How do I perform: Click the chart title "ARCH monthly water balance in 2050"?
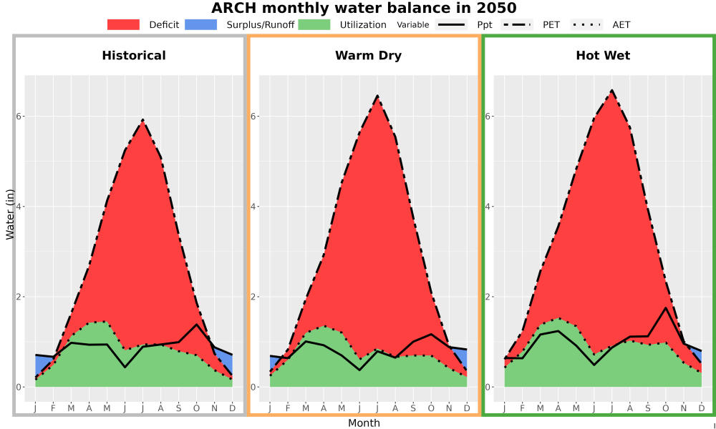[364, 8]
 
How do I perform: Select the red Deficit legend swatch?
[123, 24]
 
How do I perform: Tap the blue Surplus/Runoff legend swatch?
[201, 24]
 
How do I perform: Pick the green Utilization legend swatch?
[314, 24]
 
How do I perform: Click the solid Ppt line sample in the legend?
[450, 24]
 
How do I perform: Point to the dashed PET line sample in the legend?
[517, 24]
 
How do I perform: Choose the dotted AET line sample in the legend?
[586, 24]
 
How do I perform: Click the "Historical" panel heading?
[134, 56]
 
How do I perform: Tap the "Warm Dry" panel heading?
[368, 56]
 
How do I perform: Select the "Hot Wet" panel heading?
[603, 56]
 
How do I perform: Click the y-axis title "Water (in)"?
[10, 214]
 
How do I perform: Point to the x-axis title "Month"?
[364, 423]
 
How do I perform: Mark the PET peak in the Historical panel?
[143, 120]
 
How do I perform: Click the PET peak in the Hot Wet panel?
[612, 90]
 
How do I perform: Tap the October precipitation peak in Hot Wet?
[665, 307]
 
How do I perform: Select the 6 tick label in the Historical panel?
[19, 117]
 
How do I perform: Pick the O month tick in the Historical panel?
[196, 408]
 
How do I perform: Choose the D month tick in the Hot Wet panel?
[702, 408]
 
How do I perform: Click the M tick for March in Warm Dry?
[306, 408]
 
